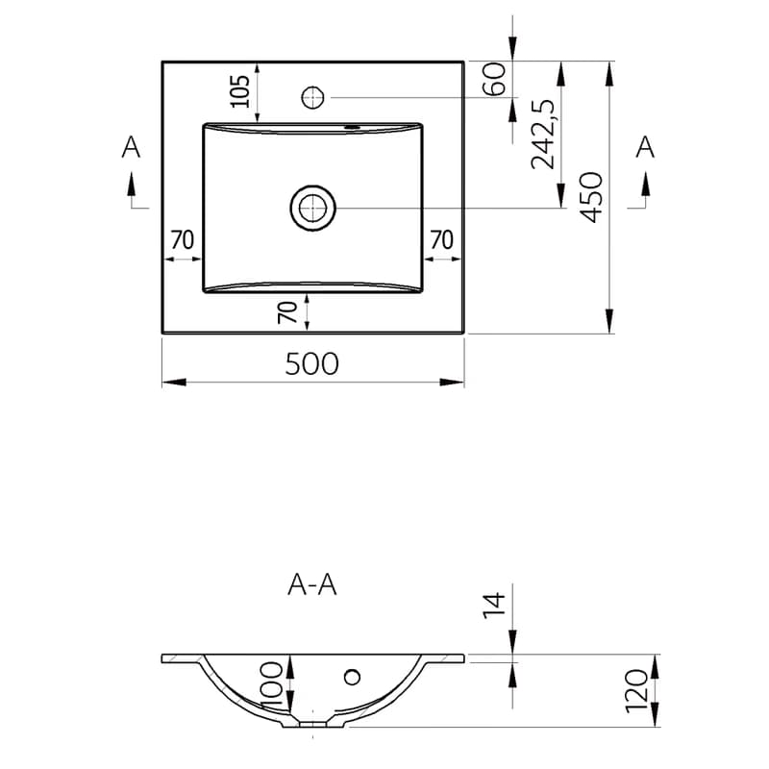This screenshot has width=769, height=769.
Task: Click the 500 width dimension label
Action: (x=311, y=363)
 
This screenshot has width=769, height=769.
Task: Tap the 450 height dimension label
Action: (x=591, y=197)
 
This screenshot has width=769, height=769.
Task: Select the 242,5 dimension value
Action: (x=543, y=134)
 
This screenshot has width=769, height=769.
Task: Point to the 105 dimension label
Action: (x=240, y=91)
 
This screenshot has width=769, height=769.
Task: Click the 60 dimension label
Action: (x=494, y=79)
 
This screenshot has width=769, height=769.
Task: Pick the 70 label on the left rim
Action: (x=183, y=239)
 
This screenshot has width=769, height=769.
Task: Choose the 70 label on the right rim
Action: (x=441, y=239)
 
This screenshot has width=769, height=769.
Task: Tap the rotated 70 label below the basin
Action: (x=287, y=312)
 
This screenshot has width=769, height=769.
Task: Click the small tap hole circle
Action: (x=312, y=97)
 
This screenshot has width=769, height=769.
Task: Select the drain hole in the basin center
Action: (x=313, y=208)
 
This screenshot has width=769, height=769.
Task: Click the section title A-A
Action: (x=311, y=585)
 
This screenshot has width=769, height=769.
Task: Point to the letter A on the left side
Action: (x=131, y=147)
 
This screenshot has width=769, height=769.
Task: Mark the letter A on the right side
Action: (x=645, y=147)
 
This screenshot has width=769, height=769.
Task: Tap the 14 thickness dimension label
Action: (x=494, y=606)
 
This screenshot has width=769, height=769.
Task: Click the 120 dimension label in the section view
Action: (x=636, y=690)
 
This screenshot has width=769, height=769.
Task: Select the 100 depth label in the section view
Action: (x=272, y=685)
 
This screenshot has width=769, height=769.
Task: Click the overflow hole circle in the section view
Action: (x=352, y=678)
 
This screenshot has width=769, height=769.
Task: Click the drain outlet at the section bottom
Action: (x=313, y=724)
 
